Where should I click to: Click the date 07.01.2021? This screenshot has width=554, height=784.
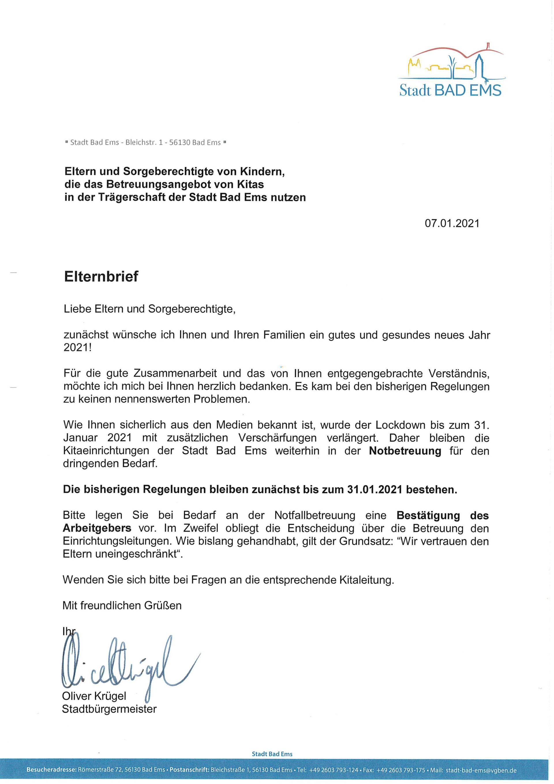[x=452, y=223]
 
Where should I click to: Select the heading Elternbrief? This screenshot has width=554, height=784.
[x=101, y=276]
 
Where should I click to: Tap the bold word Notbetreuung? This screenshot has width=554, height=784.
[x=405, y=451]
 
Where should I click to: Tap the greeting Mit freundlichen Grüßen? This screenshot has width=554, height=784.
[x=122, y=605]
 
